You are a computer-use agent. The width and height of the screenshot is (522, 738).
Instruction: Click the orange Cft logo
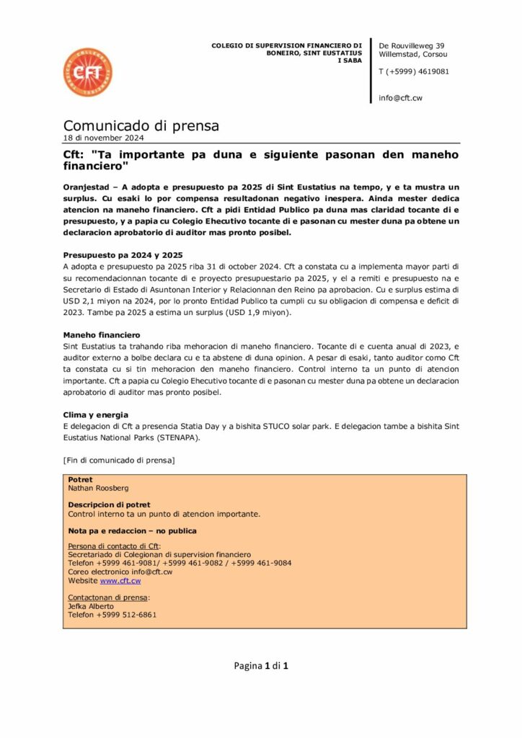[87, 72]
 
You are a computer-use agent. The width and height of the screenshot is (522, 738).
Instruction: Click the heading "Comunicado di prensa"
[141, 126]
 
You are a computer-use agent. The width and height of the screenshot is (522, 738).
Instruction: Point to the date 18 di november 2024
[104, 138]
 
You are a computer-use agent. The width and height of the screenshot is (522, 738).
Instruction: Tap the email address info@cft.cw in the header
[400, 97]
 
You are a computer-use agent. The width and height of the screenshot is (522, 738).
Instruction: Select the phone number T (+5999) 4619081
[414, 71]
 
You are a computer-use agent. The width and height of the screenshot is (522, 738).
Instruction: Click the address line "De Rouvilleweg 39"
[412, 45]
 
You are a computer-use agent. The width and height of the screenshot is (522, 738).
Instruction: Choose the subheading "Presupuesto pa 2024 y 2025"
[123, 255]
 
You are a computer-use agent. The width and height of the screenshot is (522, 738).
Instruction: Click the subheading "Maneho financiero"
[102, 335]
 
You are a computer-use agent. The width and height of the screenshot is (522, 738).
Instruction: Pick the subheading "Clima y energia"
[96, 414]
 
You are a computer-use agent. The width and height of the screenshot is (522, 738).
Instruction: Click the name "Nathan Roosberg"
[98, 488]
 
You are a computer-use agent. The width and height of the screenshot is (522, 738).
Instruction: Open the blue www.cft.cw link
[120, 580]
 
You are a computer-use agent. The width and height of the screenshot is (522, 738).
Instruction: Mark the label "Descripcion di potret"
[109, 504]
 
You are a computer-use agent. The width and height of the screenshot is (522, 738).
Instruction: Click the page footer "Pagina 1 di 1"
[261, 666]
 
